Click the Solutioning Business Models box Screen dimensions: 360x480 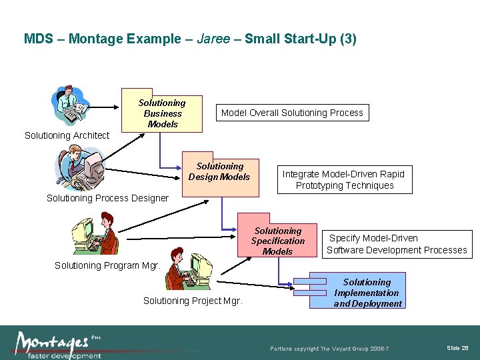coord(162,113)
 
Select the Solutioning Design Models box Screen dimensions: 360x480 coord(220,175)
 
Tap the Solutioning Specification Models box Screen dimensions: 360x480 coord(278,241)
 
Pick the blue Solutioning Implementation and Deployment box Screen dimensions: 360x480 coord(367,293)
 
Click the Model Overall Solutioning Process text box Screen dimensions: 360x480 coord(292,113)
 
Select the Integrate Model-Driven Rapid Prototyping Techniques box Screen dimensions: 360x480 coord(344,179)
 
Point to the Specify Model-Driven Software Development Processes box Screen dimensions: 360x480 coord(397,244)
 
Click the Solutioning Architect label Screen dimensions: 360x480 coord(67,135)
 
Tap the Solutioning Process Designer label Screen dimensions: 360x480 coord(107,198)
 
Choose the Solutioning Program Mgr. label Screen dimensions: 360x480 coord(107,265)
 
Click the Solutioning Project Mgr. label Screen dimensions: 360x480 coord(193,301)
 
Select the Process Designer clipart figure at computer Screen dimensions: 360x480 coord(80,169)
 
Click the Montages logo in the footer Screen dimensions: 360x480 coord(57,343)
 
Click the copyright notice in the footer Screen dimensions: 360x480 coord(329,349)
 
